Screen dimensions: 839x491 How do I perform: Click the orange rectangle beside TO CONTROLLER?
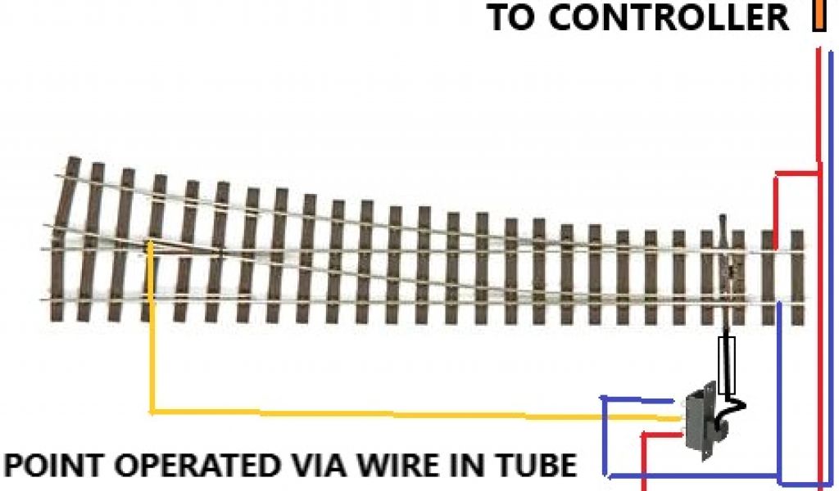tap(819, 16)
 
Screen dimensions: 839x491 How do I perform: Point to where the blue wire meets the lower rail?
tap(778, 304)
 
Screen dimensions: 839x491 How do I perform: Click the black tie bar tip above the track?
tap(722, 219)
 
